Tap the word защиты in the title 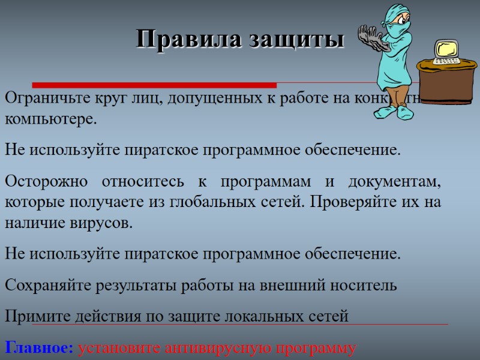pyautogui.click(x=287, y=40)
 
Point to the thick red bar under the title pyautogui.click(x=154, y=85)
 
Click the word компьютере pyautogui.click(x=50, y=119)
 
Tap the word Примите pyautogui.click(x=37, y=316)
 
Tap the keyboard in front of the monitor pyautogui.click(x=446, y=61)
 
